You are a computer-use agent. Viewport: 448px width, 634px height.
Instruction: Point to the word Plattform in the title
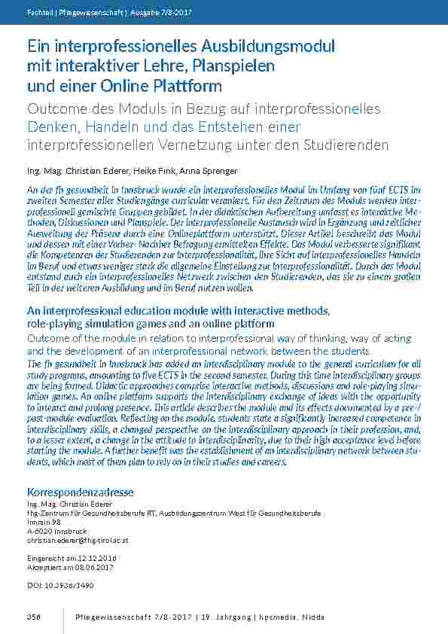click(186, 85)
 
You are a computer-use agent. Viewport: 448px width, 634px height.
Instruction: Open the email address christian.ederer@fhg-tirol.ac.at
click(78, 540)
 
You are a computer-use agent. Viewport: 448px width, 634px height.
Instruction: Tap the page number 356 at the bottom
click(33, 617)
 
